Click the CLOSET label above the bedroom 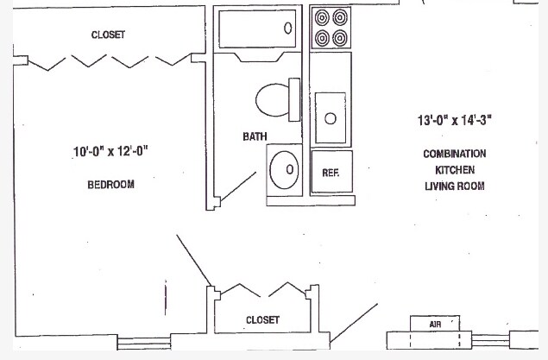click(x=108, y=35)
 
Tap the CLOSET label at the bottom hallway click(x=262, y=319)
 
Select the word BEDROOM click(x=110, y=185)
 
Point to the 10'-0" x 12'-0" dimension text click(x=110, y=153)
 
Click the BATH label click(x=255, y=136)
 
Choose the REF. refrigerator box click(x=330, y=172)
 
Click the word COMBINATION click(x=454, y=154)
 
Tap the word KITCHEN click(x=454, y=170)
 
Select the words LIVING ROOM click(x=454, y=186)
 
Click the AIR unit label click(x=436, y=323)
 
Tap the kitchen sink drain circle click(x=330, y=118)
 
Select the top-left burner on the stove click(x=322, y=16)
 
